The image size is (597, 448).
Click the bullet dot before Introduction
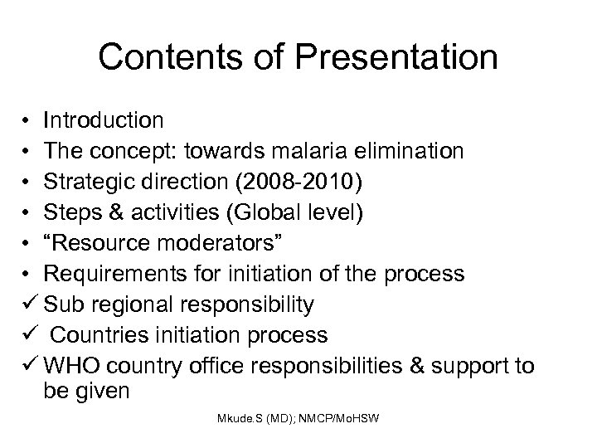28,122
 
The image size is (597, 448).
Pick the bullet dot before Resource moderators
28,245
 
